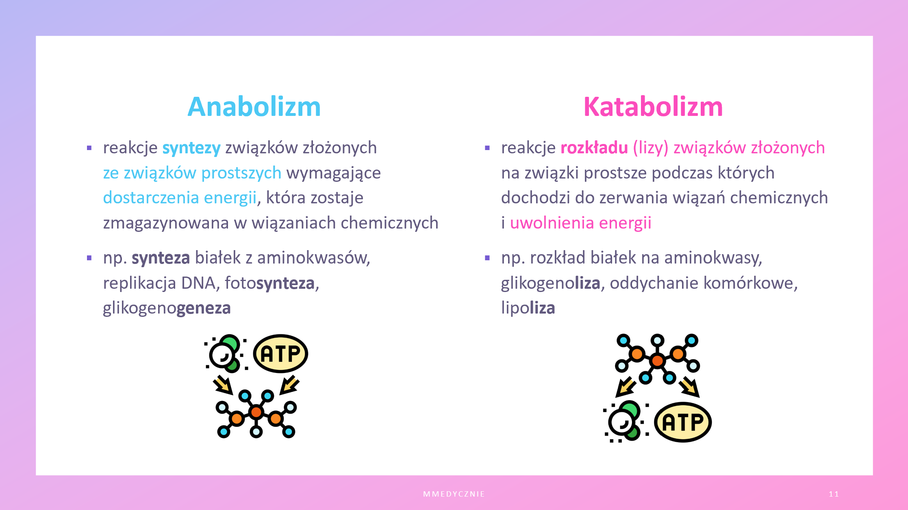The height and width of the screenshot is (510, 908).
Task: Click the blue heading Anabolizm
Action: (254, 107)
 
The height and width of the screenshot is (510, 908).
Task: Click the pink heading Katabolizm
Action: (653, 107)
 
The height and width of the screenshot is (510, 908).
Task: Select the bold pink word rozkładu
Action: (594, 148)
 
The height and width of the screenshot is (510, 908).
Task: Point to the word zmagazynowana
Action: (166, 223)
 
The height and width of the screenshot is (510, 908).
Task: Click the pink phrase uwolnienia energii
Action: (580, 223)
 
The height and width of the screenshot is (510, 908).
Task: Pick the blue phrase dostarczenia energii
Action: (180, 198)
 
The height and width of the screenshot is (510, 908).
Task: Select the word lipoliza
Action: (528, 308)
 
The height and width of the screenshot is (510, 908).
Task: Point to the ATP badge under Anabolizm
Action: (280, 353)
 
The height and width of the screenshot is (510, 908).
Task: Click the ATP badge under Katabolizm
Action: (683, 422)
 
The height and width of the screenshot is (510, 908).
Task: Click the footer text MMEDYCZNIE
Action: (454, 494)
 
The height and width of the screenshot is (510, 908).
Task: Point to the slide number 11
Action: (834, 494)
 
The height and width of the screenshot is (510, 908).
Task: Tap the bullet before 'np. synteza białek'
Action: (89, 258)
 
